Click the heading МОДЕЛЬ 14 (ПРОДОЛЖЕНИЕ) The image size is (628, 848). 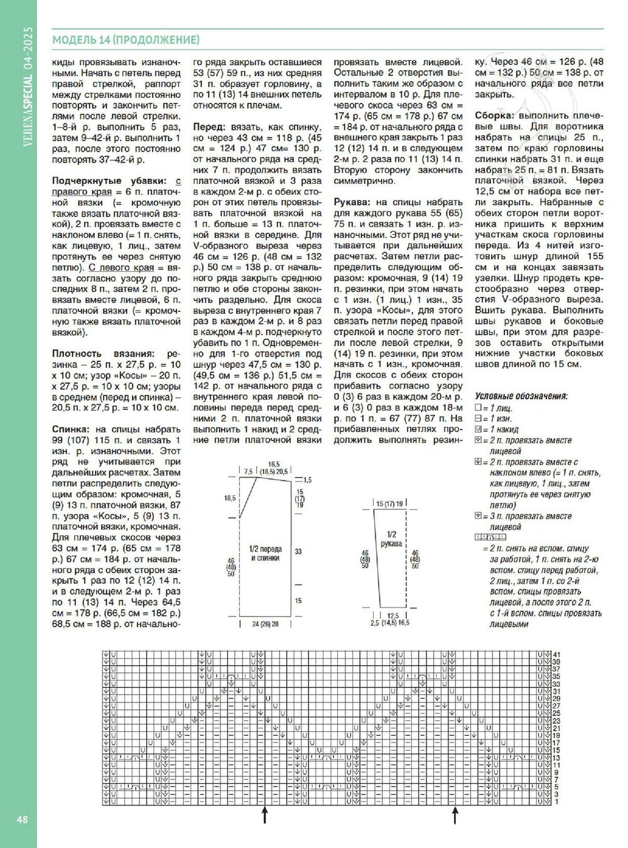[x=126, y=40]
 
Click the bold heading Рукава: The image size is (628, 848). [x=353, y=203]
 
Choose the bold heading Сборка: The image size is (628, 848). [x=494, y=116]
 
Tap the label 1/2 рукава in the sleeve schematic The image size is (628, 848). [x=391, y=539]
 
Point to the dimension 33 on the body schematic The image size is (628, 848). [x=298, y=551]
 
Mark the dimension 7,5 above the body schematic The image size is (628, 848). [x=248, y=471]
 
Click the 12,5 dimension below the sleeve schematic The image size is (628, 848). [x=394, y=615]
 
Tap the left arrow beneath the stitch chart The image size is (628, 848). [x=265, y=815]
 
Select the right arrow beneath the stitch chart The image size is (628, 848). [x=455, y=815]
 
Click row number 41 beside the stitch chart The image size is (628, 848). [x=556, y=655]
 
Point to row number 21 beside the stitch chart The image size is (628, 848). [x=556, y=729]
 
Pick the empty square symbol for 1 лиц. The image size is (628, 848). [x=478, y=408]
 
